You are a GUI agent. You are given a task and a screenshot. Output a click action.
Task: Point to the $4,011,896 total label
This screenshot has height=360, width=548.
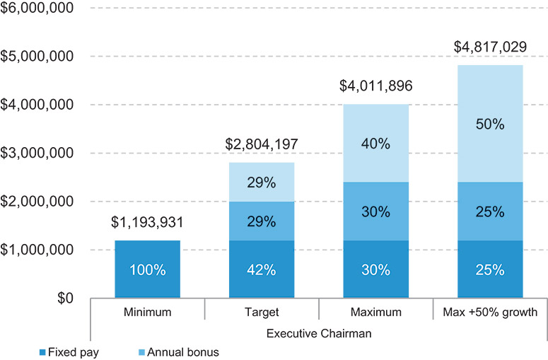[375, 87]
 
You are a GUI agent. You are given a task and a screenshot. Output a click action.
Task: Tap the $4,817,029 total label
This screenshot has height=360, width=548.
[489, 48]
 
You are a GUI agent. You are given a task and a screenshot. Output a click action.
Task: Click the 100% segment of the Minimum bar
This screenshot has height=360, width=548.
[147, 269]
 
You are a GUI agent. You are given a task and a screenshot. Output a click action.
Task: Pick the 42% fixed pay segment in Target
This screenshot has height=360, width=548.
[261, 269]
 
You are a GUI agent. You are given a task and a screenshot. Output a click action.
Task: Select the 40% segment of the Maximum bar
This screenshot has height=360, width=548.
[375, 143]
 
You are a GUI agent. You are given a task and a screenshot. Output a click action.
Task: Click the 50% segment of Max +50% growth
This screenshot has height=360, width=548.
[489, 124]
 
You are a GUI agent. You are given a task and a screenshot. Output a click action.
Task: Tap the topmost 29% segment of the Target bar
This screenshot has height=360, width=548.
[261, 182]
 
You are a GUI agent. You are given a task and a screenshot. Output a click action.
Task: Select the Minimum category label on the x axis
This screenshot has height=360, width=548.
[147, 312]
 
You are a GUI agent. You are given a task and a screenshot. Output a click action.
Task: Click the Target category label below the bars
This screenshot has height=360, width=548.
[261, 312]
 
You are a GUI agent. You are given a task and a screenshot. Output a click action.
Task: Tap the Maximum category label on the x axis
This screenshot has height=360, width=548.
[375, 312]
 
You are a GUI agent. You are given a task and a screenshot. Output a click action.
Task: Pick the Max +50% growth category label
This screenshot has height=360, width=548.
[489, 312]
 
